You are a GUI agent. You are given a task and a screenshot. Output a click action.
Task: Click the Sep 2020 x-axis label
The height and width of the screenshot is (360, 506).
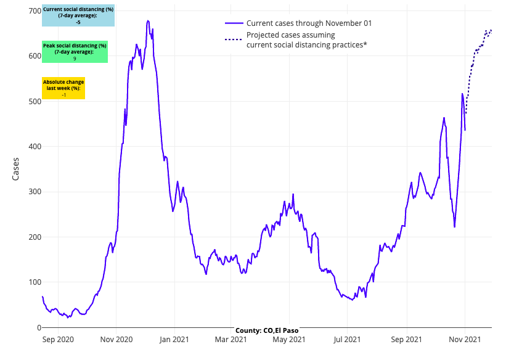[x=58, y=339]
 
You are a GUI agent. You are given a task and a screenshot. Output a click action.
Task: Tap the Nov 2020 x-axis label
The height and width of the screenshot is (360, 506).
[x=116, y=339]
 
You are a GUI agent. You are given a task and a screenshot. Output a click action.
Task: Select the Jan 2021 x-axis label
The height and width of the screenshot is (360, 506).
[x=174, y=339]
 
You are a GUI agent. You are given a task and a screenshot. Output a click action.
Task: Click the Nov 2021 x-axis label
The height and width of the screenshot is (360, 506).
[x=464, y=339]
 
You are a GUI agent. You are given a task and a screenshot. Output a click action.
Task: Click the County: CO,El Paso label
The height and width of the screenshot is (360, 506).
[x=266, y=330]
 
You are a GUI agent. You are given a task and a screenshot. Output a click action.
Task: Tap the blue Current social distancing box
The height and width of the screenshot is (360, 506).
[x=78, y=15]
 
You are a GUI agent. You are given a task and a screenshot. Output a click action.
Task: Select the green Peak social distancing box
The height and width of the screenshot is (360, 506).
[x=75, y=52]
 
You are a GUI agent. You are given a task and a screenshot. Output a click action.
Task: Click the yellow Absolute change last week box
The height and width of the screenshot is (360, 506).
[x=63, y=88]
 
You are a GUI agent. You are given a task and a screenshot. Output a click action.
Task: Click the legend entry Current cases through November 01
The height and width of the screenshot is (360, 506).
[x=309, y=23]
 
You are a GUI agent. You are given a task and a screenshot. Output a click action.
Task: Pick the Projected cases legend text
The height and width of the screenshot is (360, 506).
[x=306, y=40]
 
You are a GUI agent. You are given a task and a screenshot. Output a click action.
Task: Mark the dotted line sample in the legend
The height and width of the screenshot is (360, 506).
[x=232, y=40]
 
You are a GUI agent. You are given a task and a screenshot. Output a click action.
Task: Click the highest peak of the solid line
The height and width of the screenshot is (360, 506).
[x=148, y=20]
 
